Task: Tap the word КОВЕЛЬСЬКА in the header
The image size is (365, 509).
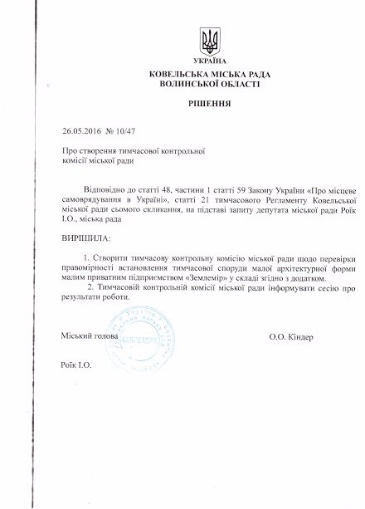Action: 176,74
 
